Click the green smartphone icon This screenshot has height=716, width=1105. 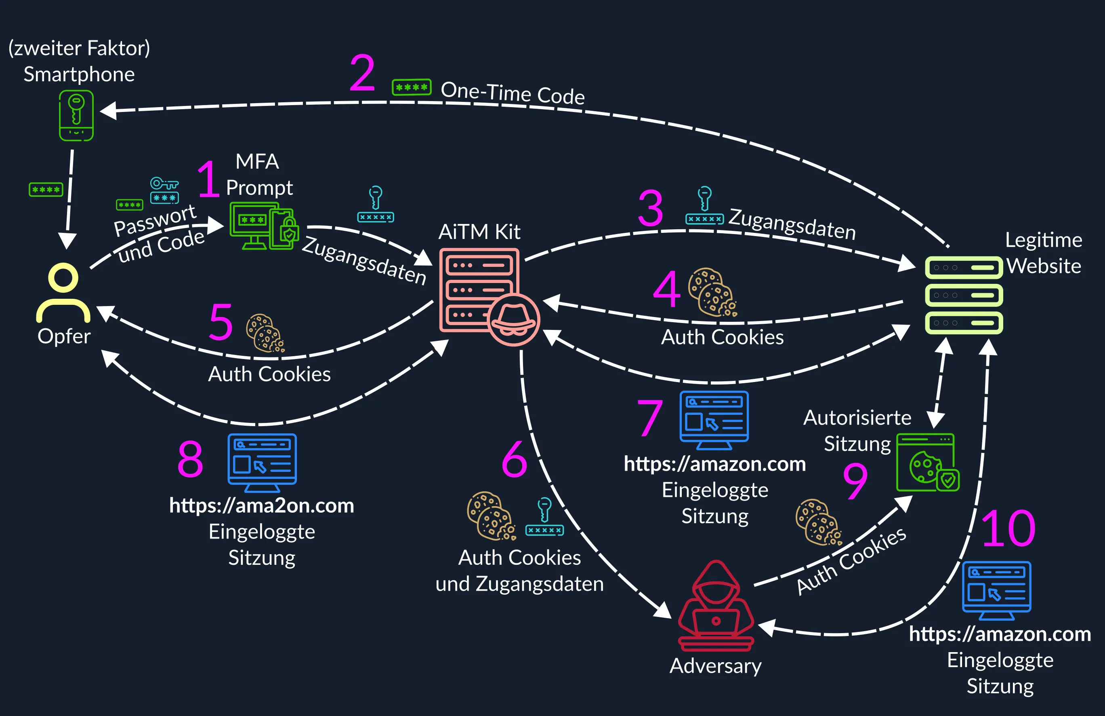(76, 115)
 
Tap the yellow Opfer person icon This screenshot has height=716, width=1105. (63, 293)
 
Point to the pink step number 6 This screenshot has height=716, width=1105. (515, 458)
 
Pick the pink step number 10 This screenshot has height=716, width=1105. (1008, 528)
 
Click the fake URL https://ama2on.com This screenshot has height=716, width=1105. (261, 505)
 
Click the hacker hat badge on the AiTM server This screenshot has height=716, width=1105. (513, 319)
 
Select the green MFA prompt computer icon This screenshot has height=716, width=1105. (263, 226)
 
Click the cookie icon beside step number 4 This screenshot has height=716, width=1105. (712, 293)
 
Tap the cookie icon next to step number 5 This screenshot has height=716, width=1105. (265, 333)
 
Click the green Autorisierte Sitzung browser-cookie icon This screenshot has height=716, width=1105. (927, 463)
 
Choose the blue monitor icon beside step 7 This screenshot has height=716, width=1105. (714, 420)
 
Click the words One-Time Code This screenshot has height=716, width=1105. (513, 93)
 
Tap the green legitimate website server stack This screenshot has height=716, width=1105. (964, 295)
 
